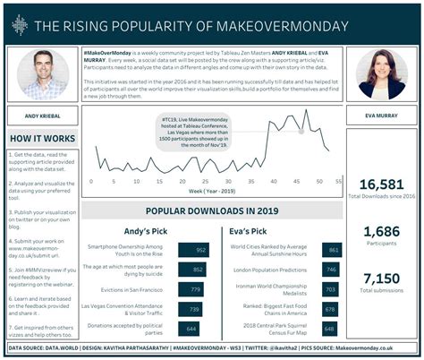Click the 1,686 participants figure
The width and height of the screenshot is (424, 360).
[383, 230]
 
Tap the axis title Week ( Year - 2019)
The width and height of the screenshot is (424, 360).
[212, 190]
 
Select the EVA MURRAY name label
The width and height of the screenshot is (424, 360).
[383, 115]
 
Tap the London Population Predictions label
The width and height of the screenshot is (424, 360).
[268, 270]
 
